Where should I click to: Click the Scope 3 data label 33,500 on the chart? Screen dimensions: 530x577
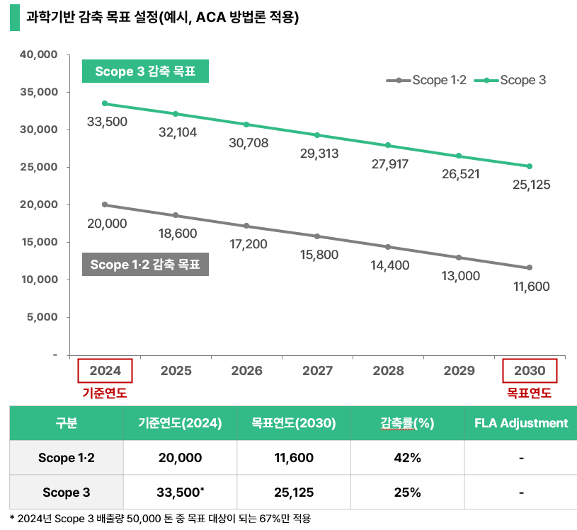click(107, 122)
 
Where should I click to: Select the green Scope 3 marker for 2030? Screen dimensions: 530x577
click(529, 166)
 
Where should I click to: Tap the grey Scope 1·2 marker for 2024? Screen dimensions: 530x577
click(105, 204)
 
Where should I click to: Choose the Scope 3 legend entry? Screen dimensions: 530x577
click(510, 80)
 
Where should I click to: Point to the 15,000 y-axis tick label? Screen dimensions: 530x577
click(40, 242)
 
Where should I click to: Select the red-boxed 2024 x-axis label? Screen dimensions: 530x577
click(105, 371)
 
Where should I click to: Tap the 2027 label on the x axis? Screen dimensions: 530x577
click(317, 371)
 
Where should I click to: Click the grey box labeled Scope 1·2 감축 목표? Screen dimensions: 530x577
click(145, 265)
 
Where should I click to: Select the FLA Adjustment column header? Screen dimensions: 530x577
click(521, 423)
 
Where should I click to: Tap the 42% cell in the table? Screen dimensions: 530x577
click(407, 458)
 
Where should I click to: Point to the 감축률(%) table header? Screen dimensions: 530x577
click(407, 423)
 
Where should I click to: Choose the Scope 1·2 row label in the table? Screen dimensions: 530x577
click(67, 458)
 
